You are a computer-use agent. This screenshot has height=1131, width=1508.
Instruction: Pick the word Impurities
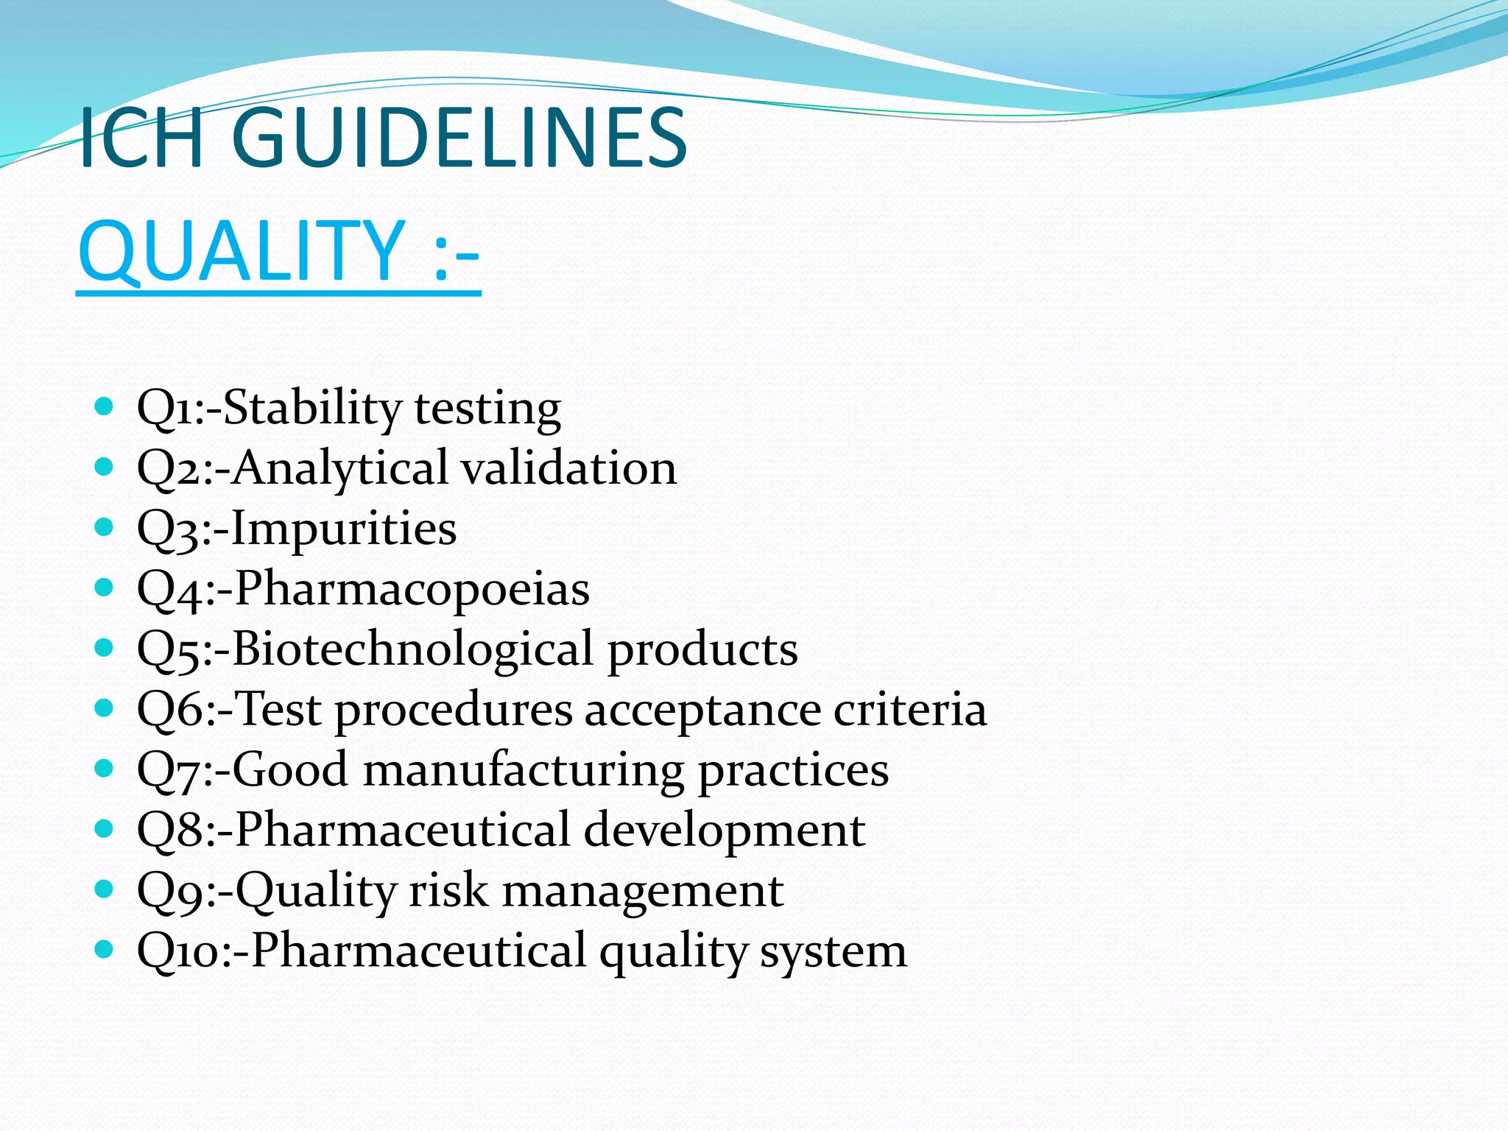coord(344,529)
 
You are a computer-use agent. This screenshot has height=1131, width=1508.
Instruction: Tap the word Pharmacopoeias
coord(412,588)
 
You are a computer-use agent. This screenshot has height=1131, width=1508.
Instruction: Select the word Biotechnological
coord(412,649)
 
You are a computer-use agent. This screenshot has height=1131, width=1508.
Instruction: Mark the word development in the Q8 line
coord(725,830)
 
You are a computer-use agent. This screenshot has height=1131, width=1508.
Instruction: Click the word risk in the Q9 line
coord(448,889)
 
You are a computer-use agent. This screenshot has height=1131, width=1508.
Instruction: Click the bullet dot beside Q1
coord(105,406)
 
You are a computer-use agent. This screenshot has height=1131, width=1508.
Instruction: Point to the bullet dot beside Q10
coord(105,948)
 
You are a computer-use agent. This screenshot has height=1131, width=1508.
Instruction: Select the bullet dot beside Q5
coord(105,647)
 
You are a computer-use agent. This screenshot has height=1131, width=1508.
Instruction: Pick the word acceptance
coord(702,711)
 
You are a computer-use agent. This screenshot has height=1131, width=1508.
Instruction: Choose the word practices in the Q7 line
coord(793,771)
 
